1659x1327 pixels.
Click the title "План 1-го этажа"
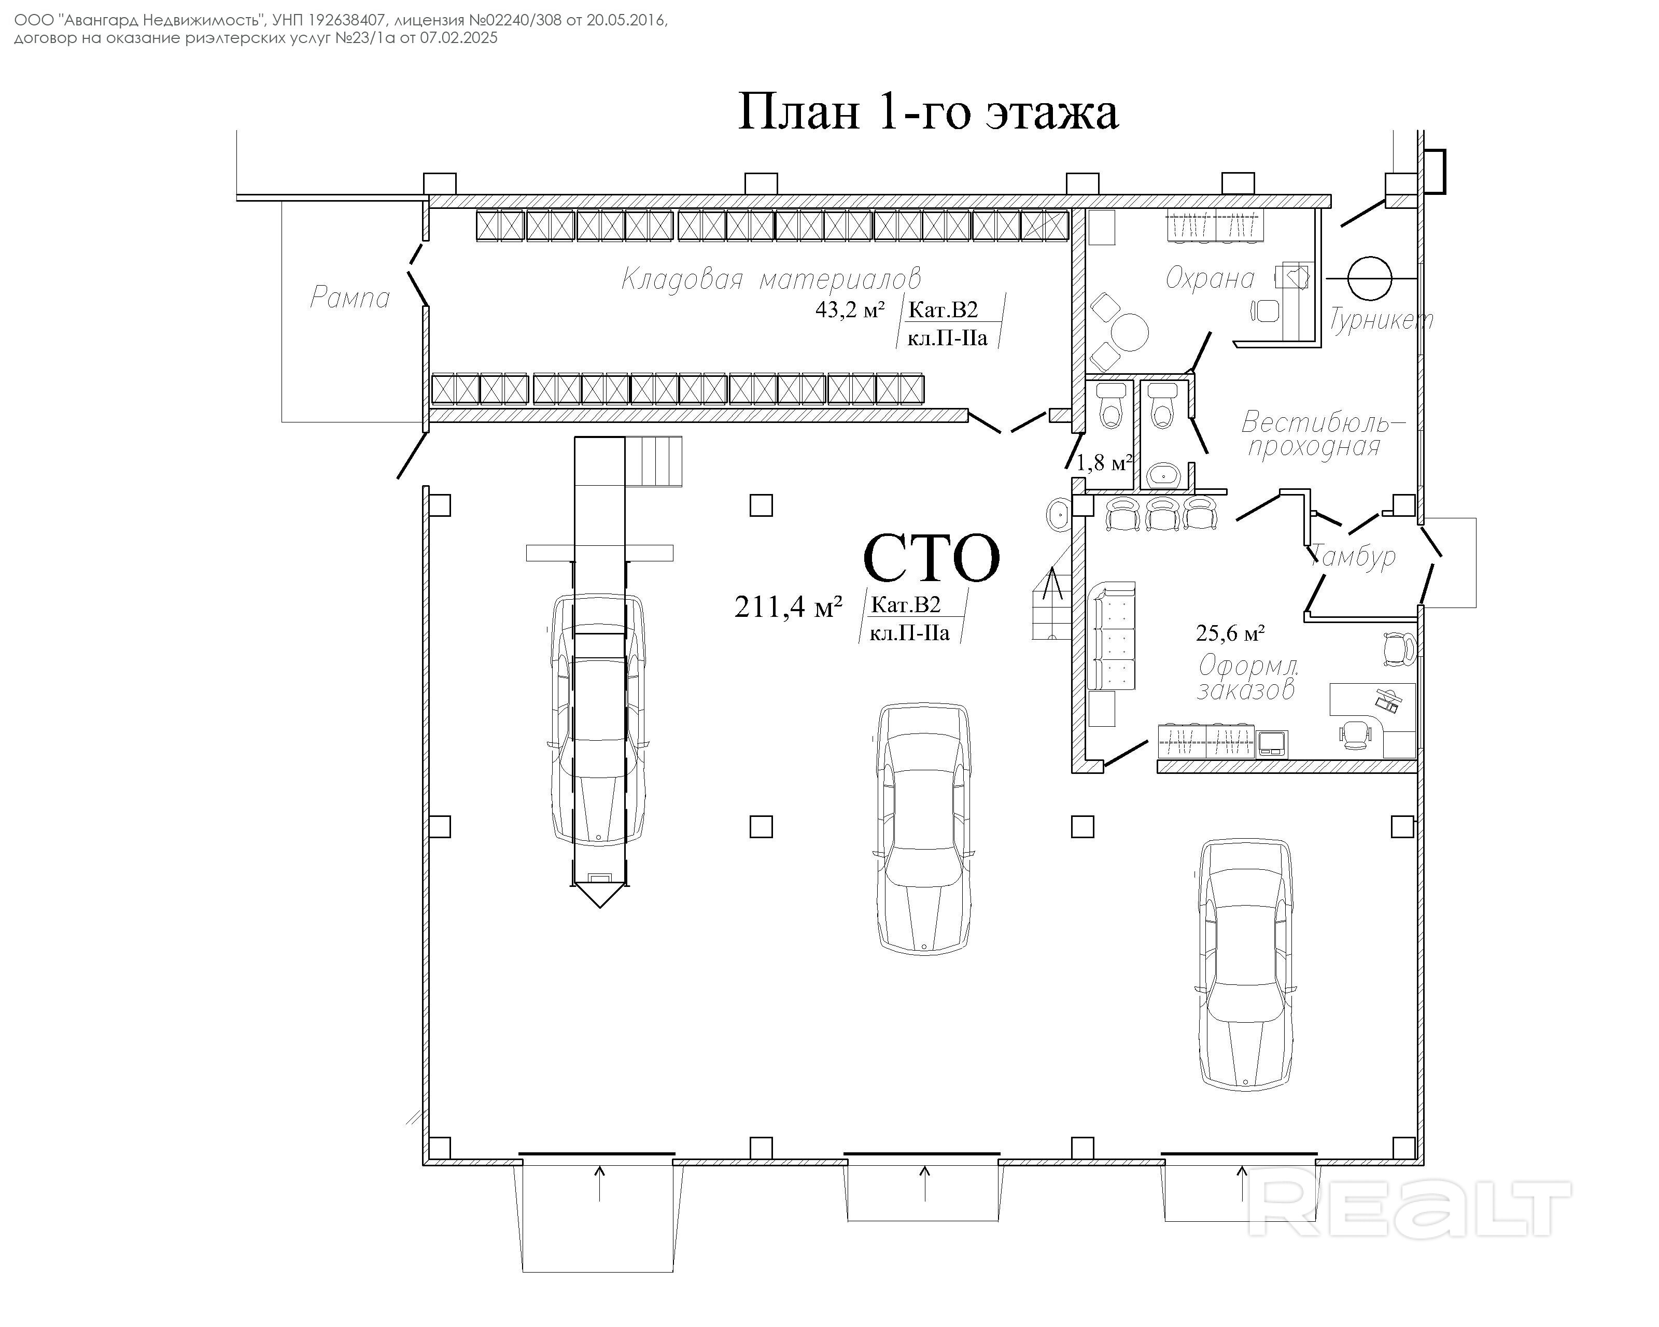[928, 111]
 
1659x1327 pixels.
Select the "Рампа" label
[349, 298]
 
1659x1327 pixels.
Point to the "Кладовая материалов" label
[770, 278]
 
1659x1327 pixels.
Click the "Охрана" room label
[1210, 278]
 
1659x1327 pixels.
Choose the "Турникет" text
[1381, 319]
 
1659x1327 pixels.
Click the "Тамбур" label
[1353, 555]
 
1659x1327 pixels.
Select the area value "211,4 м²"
[788, 607]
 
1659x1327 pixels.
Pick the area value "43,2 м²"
[850, 310]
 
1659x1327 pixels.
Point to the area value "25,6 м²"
[1230, 633]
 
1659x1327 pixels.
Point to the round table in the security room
[1130, 332]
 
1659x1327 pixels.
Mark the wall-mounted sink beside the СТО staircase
[1057, 513]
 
